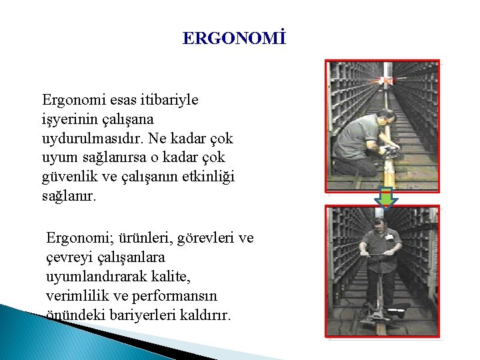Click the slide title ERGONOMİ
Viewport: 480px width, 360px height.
tap(234, 39)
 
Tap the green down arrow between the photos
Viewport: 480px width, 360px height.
tap(385, 198)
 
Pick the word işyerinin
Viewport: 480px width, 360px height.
tap(73, 119)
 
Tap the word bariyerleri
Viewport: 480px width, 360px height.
tap(147, 315)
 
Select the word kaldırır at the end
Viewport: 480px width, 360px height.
tap(208, 315)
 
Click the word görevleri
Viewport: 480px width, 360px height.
tap(198, 238)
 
